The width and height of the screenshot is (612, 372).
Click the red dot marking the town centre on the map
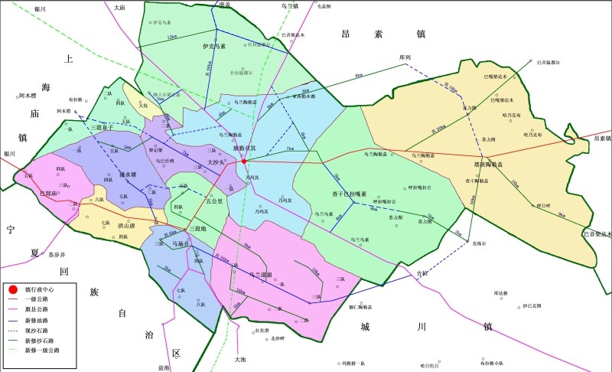coord(244,162)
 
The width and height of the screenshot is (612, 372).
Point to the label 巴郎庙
coord(47,194)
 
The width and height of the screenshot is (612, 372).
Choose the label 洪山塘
coord(127,226)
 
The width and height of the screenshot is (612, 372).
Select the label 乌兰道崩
coord(262,273)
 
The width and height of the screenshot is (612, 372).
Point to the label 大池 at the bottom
coord(241,358)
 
